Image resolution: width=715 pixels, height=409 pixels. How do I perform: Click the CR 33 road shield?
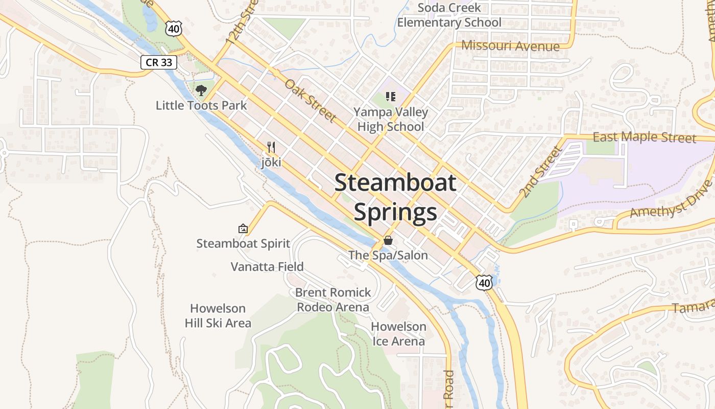point(159,62)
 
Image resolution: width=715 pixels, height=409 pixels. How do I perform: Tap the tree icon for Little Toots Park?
point(201,90)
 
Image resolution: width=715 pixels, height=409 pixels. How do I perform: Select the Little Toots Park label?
point(201,106)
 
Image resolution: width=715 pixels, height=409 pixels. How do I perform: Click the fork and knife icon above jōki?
point(271,148)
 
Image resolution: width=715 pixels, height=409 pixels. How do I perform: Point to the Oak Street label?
point(311,100)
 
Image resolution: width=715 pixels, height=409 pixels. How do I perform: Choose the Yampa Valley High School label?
point(391,119)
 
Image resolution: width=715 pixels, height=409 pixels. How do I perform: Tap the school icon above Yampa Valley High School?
point(391,96)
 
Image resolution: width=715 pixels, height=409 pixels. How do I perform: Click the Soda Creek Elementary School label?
point(449,15)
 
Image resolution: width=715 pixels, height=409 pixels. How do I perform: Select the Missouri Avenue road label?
point(510,46)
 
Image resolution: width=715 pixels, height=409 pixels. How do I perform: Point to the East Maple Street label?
point(644,138)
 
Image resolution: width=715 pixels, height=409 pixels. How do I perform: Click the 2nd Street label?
point(540,171)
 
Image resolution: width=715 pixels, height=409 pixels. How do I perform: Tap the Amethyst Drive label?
point(671,199)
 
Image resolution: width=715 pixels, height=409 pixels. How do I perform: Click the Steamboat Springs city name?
point(395,197)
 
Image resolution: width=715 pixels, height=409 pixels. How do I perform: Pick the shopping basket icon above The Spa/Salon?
point(388,240)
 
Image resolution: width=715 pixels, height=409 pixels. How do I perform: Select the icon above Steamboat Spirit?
point(243,229)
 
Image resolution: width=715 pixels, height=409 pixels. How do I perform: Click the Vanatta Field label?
point(267,266)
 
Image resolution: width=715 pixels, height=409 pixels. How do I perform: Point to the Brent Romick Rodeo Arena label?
point(333,300)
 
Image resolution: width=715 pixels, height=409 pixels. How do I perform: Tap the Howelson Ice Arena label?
point(398,333)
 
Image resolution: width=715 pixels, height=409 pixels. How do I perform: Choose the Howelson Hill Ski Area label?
point(218,315)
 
